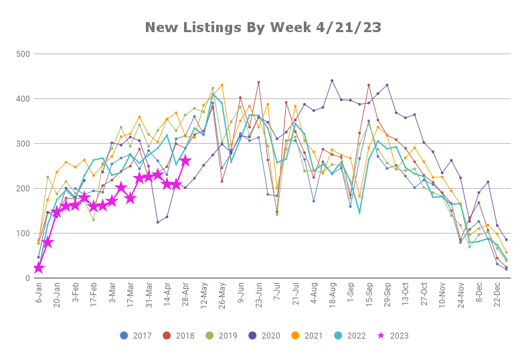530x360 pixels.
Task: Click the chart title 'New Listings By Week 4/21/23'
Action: pyautogui.click(x=263, y=27)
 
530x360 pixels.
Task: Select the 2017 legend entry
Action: pyautogui.click(x=136, y=336)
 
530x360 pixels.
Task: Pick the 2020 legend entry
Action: pyautogui.click(x=264, y=336)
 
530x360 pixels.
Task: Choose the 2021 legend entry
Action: pyautogui.click(x=307, y=336)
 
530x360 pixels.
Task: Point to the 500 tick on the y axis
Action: pyautogui.click(x=23, y=54)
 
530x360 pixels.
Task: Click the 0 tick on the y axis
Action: pyautogui.click(x=27, y=278)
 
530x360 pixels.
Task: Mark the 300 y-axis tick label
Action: pyautogui.click(x=23, y=144)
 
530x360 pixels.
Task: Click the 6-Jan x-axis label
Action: pyautogui.click(x=39, y=292)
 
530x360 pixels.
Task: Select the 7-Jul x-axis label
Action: pyautogui.click(x=277, y=292)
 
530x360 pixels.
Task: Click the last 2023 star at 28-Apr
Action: pyautogui.click(x=185, y=161)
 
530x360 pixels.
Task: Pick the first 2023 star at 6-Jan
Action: pyautogui.click(x=39, y=268)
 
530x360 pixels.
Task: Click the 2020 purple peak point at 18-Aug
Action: pyautogui.click(x=332, y=80)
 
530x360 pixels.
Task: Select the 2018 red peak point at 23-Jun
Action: pyautogui.click(x=258, y=82)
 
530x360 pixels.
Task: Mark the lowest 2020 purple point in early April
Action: pyautogui.click(x=157, y=222)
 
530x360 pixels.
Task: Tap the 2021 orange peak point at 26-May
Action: pyautogui.click(x=222, y=85)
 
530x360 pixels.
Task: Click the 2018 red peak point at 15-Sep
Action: pyautogui.click(x=369, y=85)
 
